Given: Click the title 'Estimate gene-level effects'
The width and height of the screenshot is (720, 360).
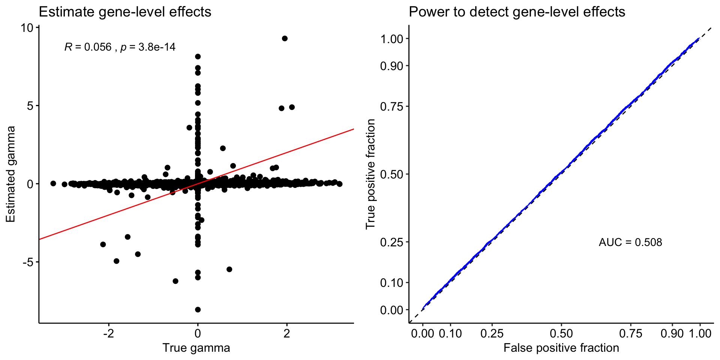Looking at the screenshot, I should pos(125,12).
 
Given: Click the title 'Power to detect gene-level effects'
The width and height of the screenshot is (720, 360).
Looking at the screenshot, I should pos(517,12).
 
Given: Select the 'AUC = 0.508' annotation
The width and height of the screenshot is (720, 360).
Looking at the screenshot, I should pos(630,242).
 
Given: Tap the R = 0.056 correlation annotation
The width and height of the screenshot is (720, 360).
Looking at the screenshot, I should pos(120,47).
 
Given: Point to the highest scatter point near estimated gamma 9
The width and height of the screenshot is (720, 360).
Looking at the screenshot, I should pos(285,38).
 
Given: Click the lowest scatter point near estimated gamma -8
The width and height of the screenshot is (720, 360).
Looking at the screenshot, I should pos(198,309).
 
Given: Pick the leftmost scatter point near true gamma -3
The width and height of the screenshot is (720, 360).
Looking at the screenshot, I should pos(53,183).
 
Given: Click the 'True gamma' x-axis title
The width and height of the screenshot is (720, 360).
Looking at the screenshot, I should pos(196,348).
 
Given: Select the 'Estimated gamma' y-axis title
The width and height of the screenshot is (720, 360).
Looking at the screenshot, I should pos(11,174).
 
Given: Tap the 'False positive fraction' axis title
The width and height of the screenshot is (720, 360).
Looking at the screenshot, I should pos(561,348).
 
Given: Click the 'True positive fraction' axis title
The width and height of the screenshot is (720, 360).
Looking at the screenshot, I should pos(370,174).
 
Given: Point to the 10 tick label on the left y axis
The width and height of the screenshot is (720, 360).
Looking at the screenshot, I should pos(27,28).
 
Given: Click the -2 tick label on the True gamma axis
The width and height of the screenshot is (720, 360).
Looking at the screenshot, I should pos(108,334).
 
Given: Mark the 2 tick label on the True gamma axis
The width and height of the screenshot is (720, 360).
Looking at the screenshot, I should pos(287,334).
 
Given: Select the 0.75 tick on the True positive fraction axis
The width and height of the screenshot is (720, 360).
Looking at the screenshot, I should pos(391,106).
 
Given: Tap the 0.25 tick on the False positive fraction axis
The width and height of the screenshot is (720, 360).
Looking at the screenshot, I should pos(492,334).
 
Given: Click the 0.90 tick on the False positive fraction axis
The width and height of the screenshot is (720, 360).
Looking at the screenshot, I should pos(672,334).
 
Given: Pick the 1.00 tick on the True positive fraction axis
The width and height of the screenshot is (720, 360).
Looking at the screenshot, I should pos(391,39).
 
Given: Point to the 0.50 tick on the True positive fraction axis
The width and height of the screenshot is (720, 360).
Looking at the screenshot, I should pos(391,174).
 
